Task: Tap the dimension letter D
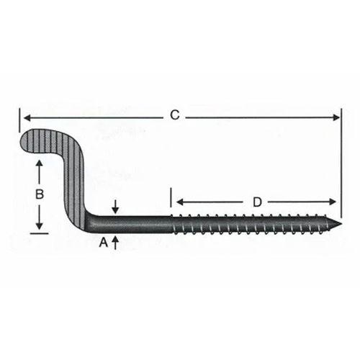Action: (256, 202)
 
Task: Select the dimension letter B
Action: (40, 194)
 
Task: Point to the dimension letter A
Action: (103, 243)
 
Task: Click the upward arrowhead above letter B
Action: (40, 165)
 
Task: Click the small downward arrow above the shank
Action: (114, 207)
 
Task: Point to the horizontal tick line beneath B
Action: (40, 233)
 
